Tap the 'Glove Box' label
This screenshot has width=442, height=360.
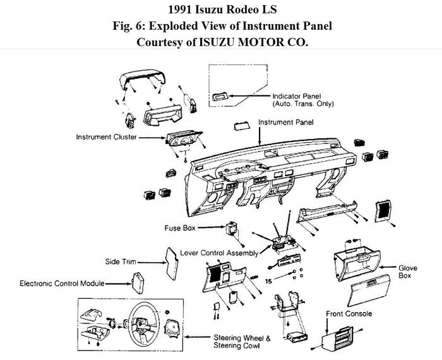[x=408, y=272]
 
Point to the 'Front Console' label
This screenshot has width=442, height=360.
[x=349, y=314]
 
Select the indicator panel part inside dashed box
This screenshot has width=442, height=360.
[x=220, y=97]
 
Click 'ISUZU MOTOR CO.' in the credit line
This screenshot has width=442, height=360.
[x=265, y=42]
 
